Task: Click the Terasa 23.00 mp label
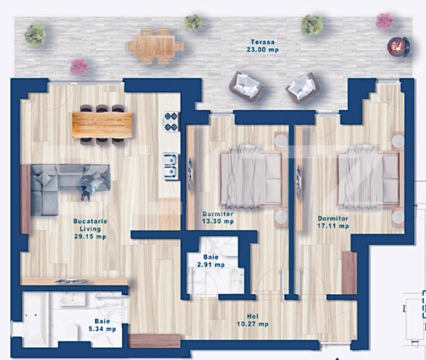click(x=262, y=46)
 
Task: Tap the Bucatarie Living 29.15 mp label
click(x=90, y=228)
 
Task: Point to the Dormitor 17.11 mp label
click(x=333, y=222)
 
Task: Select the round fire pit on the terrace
click(x=399, y=46)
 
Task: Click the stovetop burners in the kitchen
click(x=171, y=120)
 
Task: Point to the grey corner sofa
click(x=60, y=185)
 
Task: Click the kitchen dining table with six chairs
click(x=102, y=124)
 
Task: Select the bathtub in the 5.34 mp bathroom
click(x=35, y=319)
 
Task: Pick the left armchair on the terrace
click(x=246, y=86)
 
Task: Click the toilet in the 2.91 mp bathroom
click(x=234, y=276)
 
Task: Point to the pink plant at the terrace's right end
click(x=385, y=20)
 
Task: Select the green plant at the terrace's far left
click(x=35, y=34)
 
